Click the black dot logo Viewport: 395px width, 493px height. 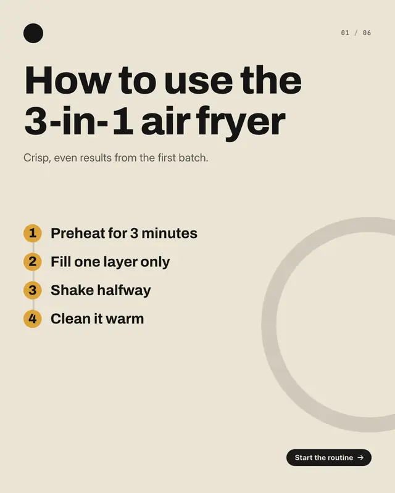(33, 33)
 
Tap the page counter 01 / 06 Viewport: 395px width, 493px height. (356, 33)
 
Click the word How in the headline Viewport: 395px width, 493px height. (68, 80)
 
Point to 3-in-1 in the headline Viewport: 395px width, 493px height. (78, 121)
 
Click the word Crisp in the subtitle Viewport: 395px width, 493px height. (37, 158)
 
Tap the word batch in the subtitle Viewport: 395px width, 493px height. (193, 158)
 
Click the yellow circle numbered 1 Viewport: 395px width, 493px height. (33, 234)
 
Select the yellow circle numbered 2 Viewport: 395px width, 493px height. (33, 261)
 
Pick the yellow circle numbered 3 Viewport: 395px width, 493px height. (33, 290)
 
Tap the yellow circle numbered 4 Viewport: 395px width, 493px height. (33, 319)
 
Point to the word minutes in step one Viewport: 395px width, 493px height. (170, 234)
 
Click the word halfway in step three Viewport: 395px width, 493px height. (124, 290)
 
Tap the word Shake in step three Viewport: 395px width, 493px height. (72, 290)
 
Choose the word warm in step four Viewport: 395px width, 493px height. (125, 319)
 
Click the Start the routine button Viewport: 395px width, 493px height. (329, 457)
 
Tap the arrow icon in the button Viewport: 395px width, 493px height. (360, 457)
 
